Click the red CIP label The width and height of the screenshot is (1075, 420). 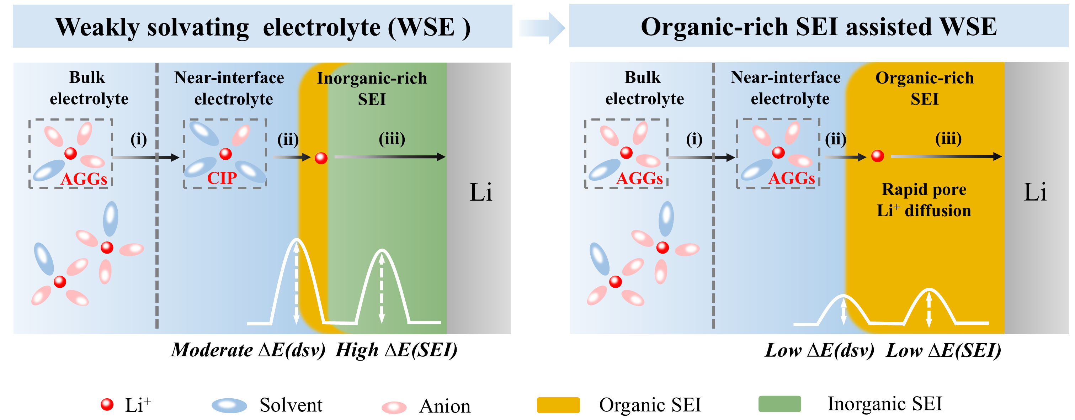point(222,178)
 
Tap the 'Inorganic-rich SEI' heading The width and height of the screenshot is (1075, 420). point(372,89)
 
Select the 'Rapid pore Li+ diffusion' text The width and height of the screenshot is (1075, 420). point(924,200)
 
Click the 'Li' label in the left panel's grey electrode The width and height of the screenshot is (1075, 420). point(481,192)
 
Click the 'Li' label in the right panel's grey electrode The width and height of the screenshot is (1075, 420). point(1035,192)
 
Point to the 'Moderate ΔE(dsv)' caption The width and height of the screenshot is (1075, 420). point(248,350)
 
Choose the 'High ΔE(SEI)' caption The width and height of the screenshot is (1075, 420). point(397,350)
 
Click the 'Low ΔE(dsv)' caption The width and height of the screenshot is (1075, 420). point(819,350)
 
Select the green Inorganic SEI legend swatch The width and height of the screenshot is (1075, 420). point(779,404)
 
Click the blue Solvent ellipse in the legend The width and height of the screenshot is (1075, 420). point(229,405)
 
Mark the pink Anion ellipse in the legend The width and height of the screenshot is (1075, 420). point(394,407)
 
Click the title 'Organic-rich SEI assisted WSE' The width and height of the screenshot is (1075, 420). point(819,27)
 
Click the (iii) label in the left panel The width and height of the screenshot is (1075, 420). point(392,139)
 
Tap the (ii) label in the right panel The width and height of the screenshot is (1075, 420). point(835,139)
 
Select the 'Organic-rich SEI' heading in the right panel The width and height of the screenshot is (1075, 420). point(924,89)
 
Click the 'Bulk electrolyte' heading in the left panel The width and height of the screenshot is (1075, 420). point(89,88)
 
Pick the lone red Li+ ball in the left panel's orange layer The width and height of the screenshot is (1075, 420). point(321,158)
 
